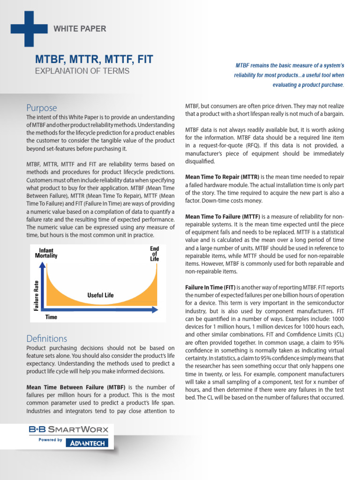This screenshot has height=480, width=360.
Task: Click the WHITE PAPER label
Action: point(80,29)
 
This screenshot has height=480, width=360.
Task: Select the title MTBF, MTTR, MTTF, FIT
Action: point(94,60)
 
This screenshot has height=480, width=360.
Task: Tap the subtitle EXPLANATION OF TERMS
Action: point(82,71)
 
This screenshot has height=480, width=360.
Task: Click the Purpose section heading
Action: point(42,108)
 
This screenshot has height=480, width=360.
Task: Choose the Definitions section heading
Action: point(47,338)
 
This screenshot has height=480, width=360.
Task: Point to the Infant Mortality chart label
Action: point(46,253)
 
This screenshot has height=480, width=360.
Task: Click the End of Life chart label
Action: point(154,254)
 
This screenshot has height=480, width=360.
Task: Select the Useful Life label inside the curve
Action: point(100,295)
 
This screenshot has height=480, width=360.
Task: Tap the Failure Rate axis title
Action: point(36,295)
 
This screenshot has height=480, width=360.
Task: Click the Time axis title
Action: point(51,317)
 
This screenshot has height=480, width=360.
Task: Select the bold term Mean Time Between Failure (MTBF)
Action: point(76,388)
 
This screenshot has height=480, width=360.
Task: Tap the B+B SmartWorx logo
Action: point(68,429)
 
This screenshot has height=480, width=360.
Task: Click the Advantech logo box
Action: point(88,442)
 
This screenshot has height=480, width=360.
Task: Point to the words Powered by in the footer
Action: point(50,440)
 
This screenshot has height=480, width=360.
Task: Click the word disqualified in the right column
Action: point(200,161)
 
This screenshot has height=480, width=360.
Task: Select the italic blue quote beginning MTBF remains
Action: point(288,75)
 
